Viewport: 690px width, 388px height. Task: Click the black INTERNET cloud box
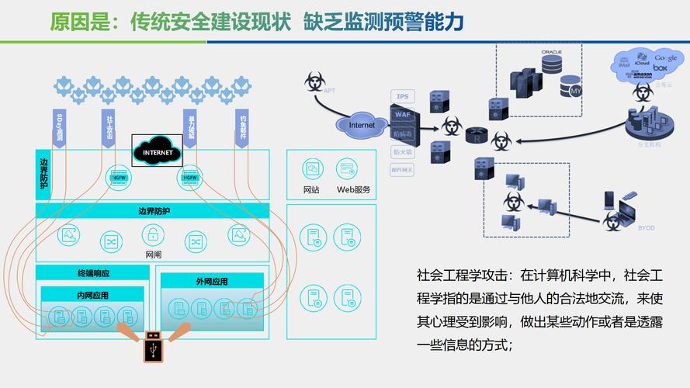(x=157, y=152)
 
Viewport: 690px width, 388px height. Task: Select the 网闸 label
(x=154, y=254)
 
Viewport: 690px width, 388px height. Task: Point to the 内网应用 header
(x=92, y=295)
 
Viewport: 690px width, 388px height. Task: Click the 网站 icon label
(x=311, y=189)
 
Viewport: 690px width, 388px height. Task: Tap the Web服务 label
(x=353, y=189)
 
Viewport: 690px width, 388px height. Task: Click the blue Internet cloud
(x=362, y=124)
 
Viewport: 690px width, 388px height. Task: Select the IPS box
(x=402, y=96)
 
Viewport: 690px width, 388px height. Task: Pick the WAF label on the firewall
(x=402, y=114)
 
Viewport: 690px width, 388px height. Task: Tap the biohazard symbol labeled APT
(x=314, y=80)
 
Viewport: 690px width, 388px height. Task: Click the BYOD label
(x=646, y=228)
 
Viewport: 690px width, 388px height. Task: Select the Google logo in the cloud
(x=665, y=58)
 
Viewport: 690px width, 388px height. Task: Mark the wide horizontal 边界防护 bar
(x=153, y=210)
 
